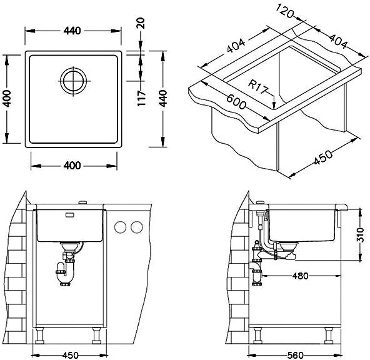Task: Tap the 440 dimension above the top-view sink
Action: (72, 31)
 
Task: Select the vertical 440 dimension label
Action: (162, 98)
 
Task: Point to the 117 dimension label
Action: (142, 98)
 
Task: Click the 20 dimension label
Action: (141, 23)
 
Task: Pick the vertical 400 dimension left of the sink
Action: (7, 98)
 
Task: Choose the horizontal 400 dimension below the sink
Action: (72, 166)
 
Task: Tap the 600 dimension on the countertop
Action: (236, 102)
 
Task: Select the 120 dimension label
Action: (285, 11)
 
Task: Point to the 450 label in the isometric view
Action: (323, 157)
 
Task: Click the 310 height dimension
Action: (360, 234)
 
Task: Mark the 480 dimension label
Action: (300, 276)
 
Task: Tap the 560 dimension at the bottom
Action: (295, 355)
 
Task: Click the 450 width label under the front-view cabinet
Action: (71, 355)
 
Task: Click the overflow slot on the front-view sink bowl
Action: (70, 214)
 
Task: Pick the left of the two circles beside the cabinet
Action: (120, 227)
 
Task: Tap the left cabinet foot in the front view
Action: (39, 336)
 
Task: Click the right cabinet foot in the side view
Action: (329, 336)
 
